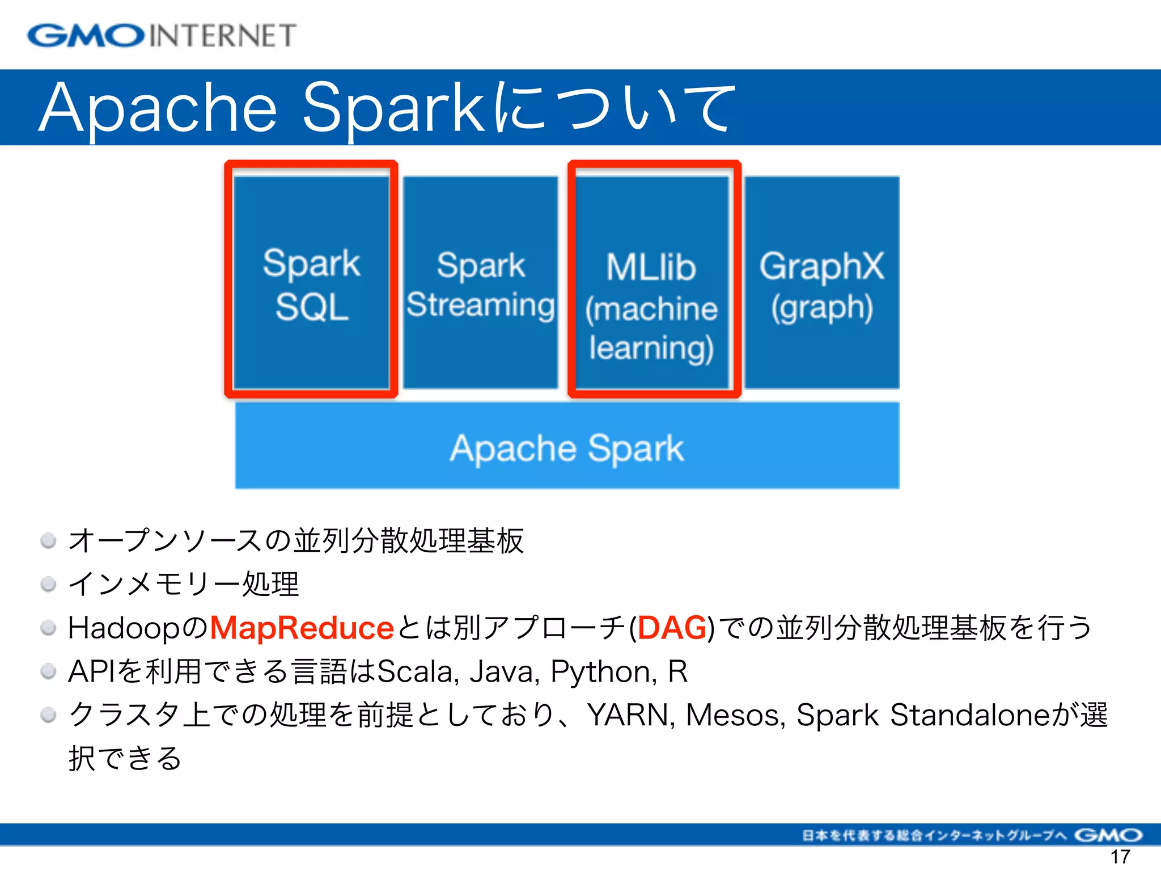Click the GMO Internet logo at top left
pos(162,36)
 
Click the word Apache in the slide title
pos(159,108)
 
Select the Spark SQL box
pos(311,284)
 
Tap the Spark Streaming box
pos(481,284)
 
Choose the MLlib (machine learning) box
pos(652,306)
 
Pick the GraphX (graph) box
pos(821,284)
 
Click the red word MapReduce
pos(302,628)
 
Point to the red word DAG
pos(672,628)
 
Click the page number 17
pos(1120,857)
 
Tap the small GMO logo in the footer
pos(1108,835)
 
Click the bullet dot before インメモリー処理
pos(49,584)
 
